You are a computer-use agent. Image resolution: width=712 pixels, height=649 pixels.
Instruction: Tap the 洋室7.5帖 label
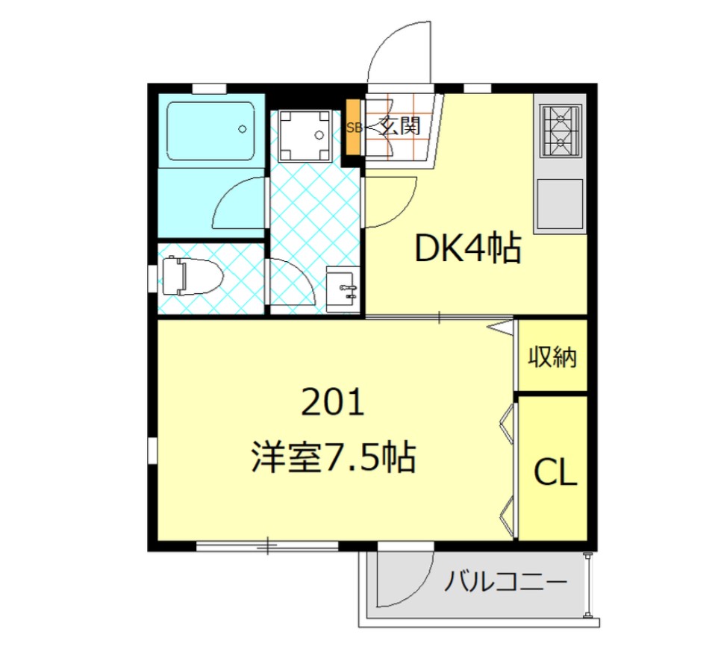pos(334,457)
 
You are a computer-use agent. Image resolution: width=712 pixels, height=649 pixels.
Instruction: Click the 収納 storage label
pos(552,357)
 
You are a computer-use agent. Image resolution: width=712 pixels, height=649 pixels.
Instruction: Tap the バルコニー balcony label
pos(505,581)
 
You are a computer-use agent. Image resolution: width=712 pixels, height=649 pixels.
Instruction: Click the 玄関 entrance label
pos(401,126)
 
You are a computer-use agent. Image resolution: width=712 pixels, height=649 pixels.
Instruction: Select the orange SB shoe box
pos(353,128)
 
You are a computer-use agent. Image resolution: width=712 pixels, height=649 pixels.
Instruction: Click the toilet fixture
pos(192,276)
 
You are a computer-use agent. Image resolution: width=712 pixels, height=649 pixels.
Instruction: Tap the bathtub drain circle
pos(243,129)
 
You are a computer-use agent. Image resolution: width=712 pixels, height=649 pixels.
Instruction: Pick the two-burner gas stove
pos(560,131)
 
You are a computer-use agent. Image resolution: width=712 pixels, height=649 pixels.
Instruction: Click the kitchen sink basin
pos(560,204)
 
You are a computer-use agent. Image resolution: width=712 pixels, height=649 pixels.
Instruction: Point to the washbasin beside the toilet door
pos(343,289)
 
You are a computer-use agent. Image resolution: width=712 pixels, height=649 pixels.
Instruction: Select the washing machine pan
pos(305,135)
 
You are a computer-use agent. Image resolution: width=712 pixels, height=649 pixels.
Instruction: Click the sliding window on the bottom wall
pos(267,545)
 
